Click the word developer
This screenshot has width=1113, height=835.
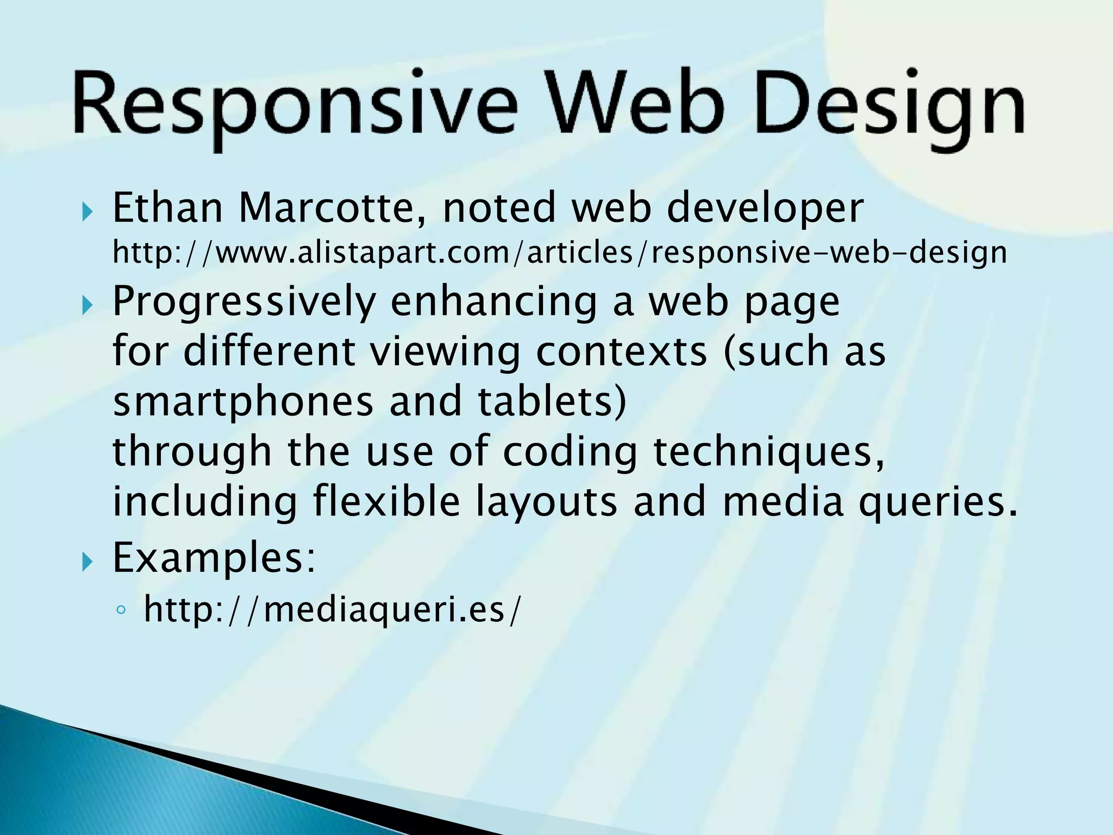tap(765, 209)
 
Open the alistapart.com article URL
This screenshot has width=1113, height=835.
tap(560, 253)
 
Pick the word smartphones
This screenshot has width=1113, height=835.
tap(243, 401)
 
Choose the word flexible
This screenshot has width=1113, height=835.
tap(386, 501)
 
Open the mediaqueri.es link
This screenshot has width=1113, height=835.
tap(332, 609)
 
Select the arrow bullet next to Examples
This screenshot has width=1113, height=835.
tap(87, 562)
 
